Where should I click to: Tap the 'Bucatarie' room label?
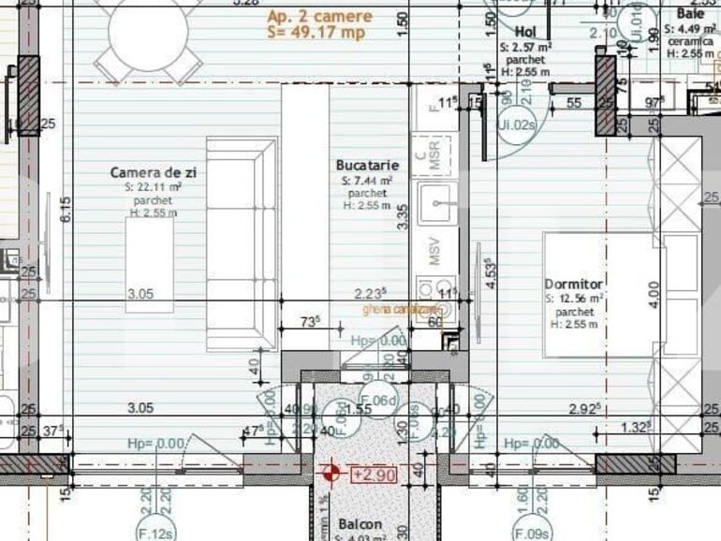pyautogui.click(x=360, y=165)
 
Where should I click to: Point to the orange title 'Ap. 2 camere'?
pyautogui.click(x=319, y=17)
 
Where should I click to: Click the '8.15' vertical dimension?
pyautogui.click(x=65, y=210)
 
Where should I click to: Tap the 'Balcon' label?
pyautogui.click(x=360, y=525)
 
